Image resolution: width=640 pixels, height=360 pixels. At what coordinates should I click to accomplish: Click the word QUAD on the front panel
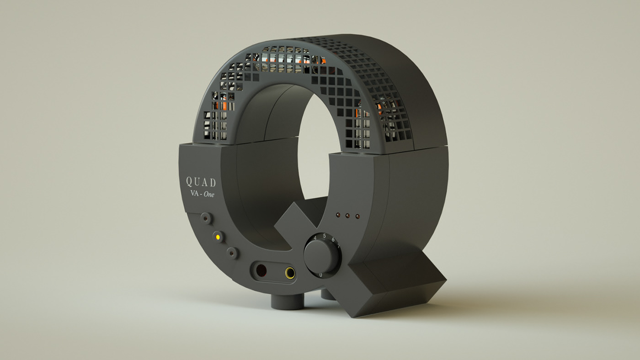click(201, 182)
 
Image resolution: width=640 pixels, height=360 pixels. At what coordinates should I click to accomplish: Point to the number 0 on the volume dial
click(320, 275)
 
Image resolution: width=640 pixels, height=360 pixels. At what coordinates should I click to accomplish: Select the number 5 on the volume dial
click(324, 236)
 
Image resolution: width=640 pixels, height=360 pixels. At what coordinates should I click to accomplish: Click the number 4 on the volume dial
click(315, 238)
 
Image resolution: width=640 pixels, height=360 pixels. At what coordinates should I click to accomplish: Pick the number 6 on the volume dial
click(332, 239)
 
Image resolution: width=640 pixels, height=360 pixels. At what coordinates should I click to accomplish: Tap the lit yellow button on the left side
click(218, 237)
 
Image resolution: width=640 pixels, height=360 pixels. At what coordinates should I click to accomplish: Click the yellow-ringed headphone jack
click(289, 273)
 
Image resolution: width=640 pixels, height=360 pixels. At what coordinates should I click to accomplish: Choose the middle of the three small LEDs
click(347, 215)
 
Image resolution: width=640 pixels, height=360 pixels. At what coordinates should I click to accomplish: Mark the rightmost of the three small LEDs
click(357, 216)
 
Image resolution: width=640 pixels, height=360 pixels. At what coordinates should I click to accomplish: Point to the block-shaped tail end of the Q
click(402, 288)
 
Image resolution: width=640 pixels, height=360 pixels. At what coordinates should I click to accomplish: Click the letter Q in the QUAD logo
click(188, 181)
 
